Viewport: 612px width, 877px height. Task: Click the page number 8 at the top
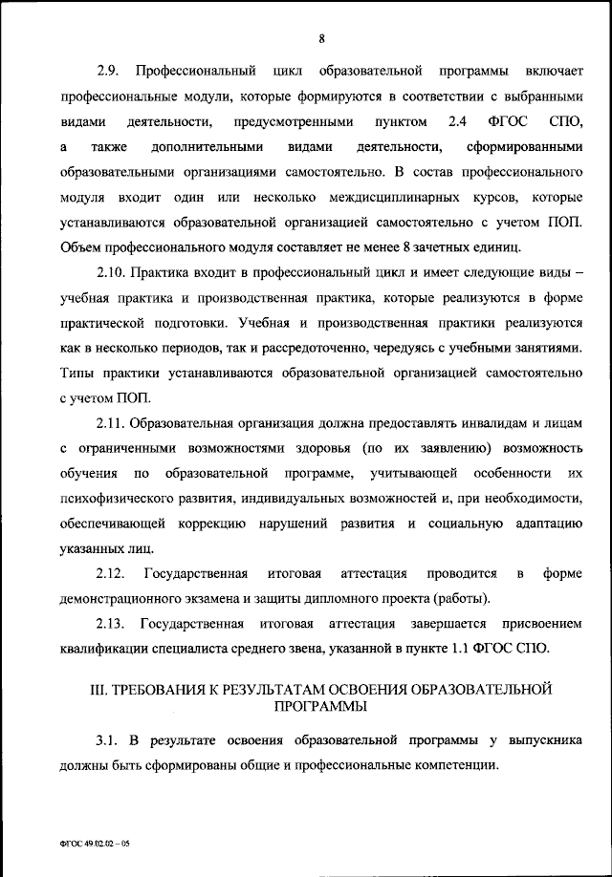tap(322, 38)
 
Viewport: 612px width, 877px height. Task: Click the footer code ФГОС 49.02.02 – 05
tap(92, 845)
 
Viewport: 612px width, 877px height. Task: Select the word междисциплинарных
tap(405, 197)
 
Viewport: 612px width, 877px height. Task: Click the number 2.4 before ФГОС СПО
tap(457, 122)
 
